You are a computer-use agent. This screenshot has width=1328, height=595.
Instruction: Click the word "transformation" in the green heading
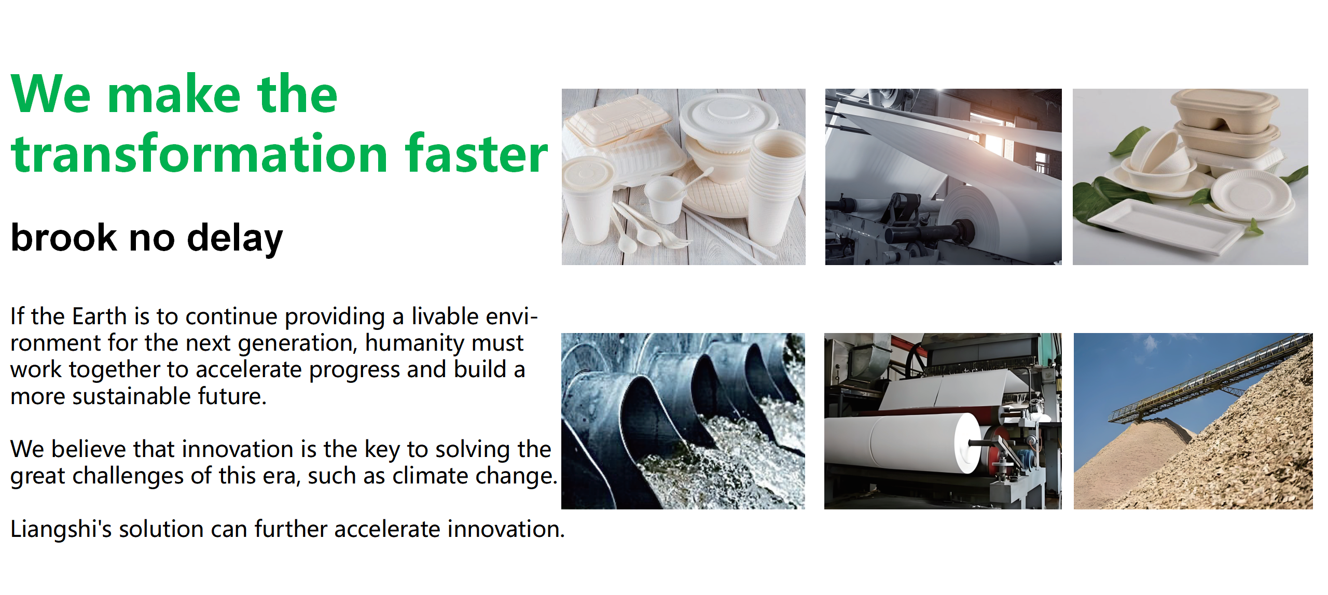tap(200, 154)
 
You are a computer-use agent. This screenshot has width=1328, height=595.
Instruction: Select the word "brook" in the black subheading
tap(64, 238)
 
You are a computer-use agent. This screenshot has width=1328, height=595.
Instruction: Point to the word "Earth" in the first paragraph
tap(100, 316)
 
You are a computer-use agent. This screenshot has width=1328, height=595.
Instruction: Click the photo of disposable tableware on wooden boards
tap(683, 177)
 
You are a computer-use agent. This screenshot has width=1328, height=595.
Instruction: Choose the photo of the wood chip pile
tap(1193, 421)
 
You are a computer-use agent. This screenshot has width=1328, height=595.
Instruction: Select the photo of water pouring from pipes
tap(683, 421)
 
